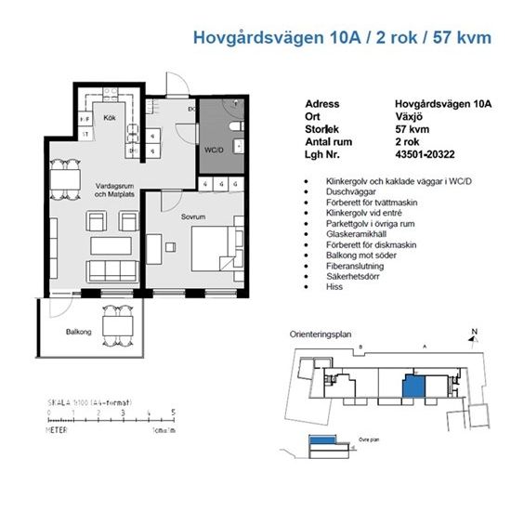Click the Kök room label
click(x=109, y=118)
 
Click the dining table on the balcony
click(x=117, y=324)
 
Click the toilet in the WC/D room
click(x=236, y=124)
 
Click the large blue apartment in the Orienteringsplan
click(x=412, y=388)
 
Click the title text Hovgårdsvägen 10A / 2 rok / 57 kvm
click(x=341, y=38)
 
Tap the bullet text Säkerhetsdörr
click(x=347, y=276)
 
